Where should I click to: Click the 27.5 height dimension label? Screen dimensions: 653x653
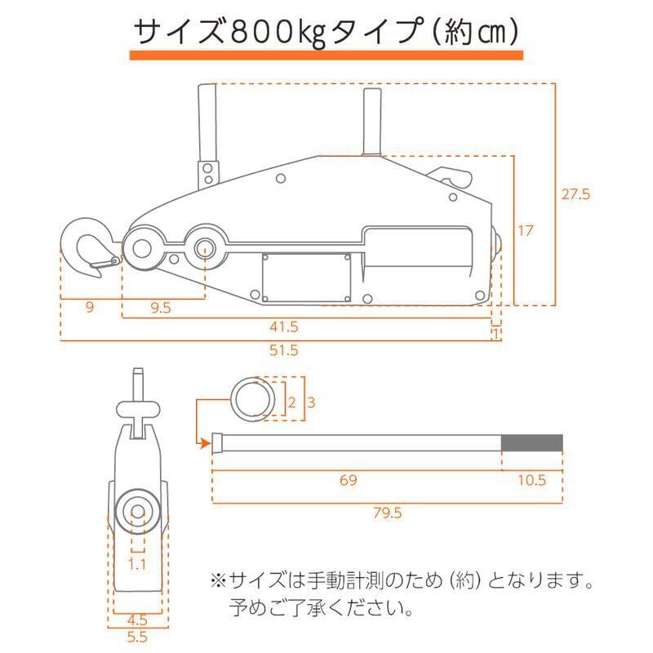click(575, 194)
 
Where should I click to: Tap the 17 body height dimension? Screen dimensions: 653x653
click(525, 230)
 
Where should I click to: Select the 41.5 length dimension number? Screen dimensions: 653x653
click(284, 326)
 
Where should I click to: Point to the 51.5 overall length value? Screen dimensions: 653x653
click(284, 350)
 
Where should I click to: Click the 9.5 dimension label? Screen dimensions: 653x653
click(161, 308)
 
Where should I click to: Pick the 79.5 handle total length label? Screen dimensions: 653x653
click(387, 513)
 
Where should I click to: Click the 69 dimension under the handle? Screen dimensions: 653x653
click(349, 480)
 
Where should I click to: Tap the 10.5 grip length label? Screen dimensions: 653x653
click(532, 480)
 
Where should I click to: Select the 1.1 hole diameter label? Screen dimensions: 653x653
click(137, 564)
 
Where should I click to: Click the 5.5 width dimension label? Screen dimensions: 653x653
click(137, 637)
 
